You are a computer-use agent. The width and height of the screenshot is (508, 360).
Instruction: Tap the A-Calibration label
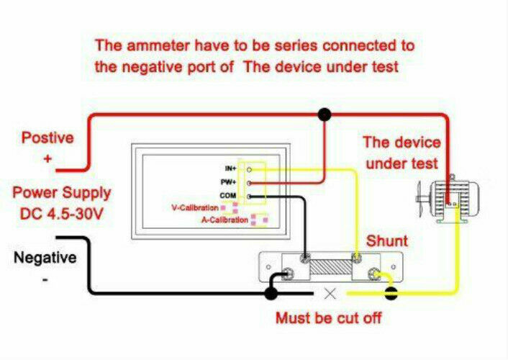pos(224,220)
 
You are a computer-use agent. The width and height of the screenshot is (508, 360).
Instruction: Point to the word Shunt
pos(387,240)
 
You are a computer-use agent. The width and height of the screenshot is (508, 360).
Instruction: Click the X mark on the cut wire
pos(330,294)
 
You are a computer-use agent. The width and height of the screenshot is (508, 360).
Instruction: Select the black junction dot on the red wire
pos(325,113)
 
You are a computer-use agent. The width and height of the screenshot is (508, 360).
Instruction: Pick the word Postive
pos(47,137)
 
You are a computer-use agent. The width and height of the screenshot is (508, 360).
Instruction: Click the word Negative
pos(45,258)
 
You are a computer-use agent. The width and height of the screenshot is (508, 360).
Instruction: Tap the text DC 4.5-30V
pos(61,215)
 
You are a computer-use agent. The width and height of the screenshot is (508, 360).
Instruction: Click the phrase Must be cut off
pos(328,318)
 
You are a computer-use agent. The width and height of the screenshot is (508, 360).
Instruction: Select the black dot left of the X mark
pos(271,293)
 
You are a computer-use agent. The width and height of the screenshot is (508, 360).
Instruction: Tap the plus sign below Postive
pos(47,158)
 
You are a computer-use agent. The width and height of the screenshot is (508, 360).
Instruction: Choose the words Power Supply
pos(62,193)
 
